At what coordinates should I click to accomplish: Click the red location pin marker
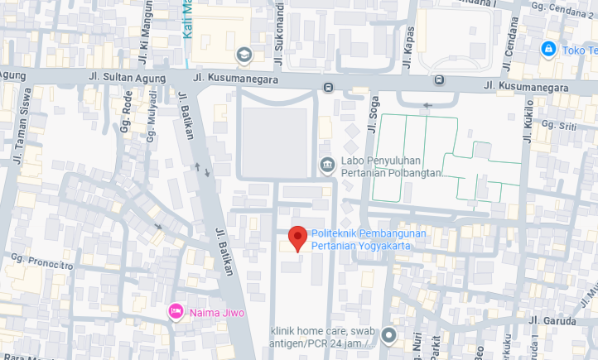297,238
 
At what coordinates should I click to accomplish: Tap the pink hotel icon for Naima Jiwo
176,311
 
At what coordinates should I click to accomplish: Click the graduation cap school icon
244,55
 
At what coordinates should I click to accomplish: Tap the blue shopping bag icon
547,50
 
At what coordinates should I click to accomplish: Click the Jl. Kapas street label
408,44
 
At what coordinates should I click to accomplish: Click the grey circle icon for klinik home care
389,336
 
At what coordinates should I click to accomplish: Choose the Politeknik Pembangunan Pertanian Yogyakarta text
369,239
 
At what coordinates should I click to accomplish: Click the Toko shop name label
580,50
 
